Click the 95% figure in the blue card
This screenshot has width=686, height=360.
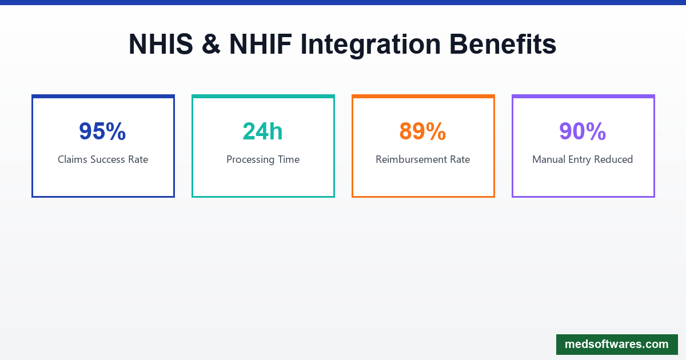(x=102, y=131)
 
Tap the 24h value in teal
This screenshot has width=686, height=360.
(x=262, y=131)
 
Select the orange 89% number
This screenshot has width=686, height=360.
(x=422, y=131)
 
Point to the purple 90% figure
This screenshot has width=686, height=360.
(x=583, y=131)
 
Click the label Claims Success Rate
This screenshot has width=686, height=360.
(x=103, y=159)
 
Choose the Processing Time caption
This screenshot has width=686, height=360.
(x=263, y=159)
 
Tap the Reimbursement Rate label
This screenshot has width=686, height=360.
(x=422, y=159)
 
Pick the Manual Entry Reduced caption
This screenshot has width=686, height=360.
(x=583, y=159)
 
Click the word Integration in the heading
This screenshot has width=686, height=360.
(x=371, y=45)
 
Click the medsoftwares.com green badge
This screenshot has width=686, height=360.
(x=616, y=345)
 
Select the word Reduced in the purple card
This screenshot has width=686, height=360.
(x=613, y=159)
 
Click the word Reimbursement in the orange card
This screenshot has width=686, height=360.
(x=410, y=159)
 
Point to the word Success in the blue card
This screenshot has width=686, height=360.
(x=109, y=159)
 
